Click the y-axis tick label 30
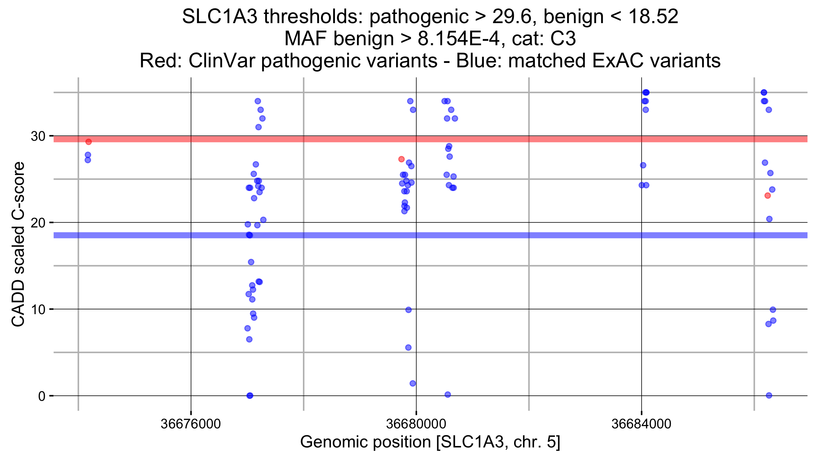(x=38, y=136)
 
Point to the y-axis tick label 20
(x=38, y=223)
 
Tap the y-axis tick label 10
(x=38, y=310)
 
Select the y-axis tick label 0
(x=41, y=396)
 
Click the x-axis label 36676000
(x=191, y=424)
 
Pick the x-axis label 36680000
(x=416, y=424)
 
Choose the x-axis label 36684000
(x=641, y=424)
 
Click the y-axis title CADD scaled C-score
(x=18, y=244)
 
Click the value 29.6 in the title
(x=511, y=16)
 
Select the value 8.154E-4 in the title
(x=459, y=38)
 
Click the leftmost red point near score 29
(x=88, y=142)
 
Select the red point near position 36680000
(x=401, y=159)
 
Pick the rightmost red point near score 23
(x=767, y=195)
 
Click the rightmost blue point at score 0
(x=769, y=395)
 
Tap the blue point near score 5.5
(x=408, y=347)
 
